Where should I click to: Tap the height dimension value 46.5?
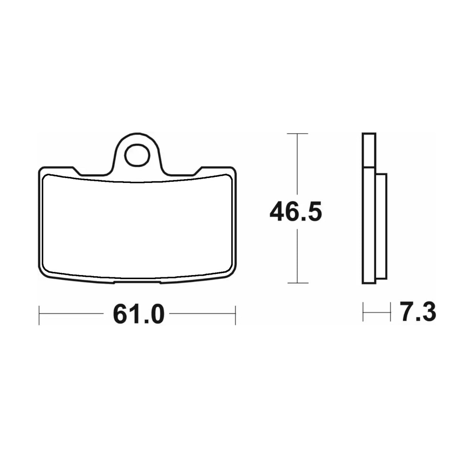(x=296, y=213)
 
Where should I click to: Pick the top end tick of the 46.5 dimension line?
(x=298, y=134)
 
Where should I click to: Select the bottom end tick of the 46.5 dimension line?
(x=298, y=283)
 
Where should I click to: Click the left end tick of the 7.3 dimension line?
(x=363, y=312)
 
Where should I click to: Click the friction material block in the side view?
(x=381, y=226)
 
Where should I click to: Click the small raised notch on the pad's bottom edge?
(x=137, y=282)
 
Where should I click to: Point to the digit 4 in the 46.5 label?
(x=278, y=213)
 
